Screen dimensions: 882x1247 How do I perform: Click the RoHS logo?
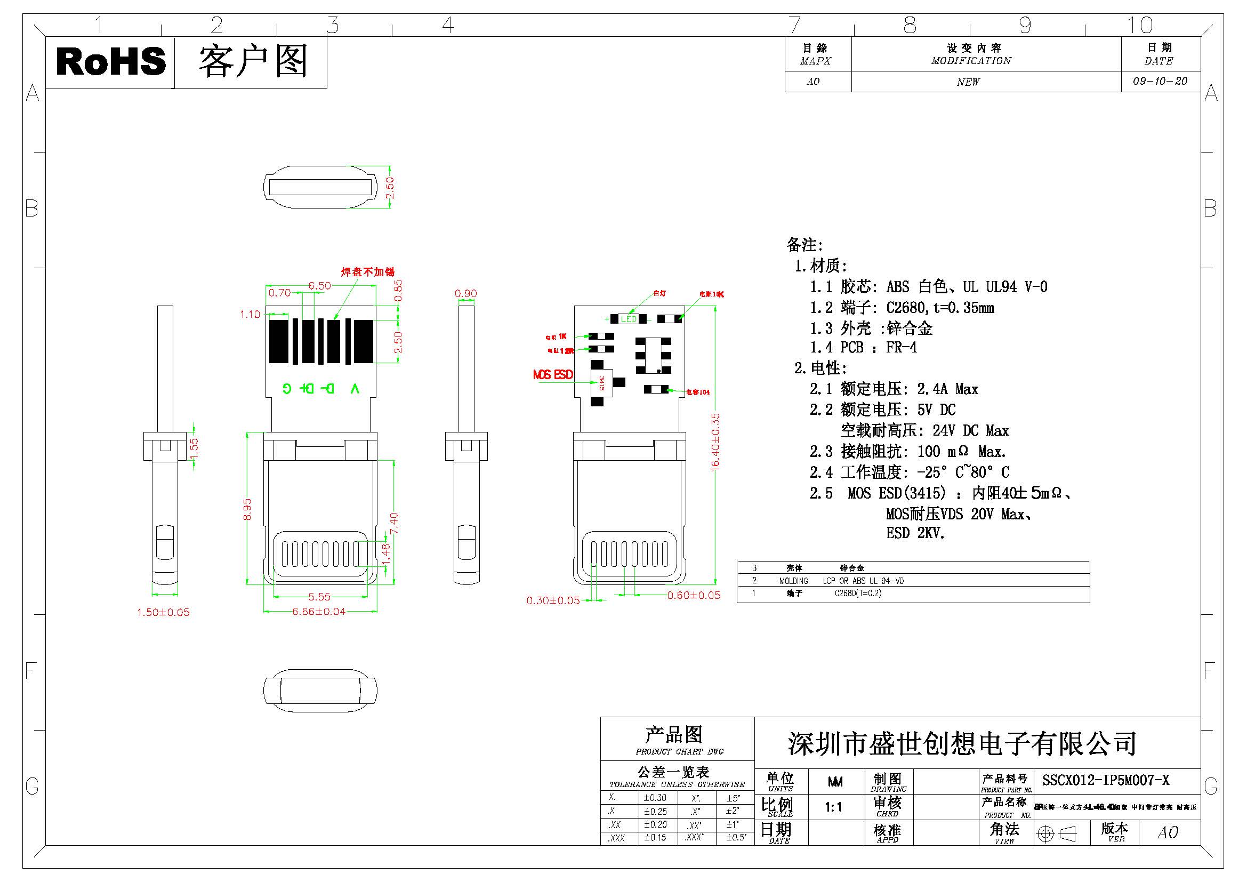pyautogui.click(x=110, y=61)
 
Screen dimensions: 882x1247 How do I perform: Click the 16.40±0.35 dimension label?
pyautogui.click(x=715, y=440)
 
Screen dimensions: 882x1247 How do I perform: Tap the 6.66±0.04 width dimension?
pyautogui.click(x=319, y=612)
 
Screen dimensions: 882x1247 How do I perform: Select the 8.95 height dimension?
pyautogui.click(x=247, y=509)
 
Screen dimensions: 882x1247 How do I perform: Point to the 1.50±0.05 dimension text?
pyautogui.click(x=163, y=612)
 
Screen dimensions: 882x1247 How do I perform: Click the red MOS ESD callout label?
pyautogui.click(x=553, y=375)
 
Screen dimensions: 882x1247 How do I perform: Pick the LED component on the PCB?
pyautogui.click(x=629, y=319)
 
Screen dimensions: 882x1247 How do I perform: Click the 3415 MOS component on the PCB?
pyautogui.click(x=601, y=383)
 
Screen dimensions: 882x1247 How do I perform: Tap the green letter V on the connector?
pyautogui.click(x=355, y=388)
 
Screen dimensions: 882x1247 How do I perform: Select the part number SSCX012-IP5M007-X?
pyautogui.click(x=1106, y=781)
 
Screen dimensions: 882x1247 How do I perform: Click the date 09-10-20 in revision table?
pyautogui.click(x=1160, y=82)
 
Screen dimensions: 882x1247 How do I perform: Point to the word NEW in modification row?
pyautogui.click(x=968, y=82)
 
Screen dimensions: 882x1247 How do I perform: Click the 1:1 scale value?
pyautogui.click(x=834, y=807)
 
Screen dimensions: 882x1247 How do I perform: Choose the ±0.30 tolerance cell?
pyautogui.click(x=655, y=798)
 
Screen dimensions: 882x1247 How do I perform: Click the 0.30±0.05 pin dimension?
pyautogui.click(x=553, y=600)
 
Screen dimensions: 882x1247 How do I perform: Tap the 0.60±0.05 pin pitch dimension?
pyautogui.click(x=694, y=595)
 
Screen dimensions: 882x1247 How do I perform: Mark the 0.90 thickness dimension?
pyautogui.click(x=465, y=294)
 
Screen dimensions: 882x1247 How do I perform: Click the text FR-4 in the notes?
pyautogui.click(x=902, y=348)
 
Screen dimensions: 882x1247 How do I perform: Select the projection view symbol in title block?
pyautogui.click(x=1056, y=833)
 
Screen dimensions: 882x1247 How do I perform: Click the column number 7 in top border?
pyautogui.click(x=794, y=25)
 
